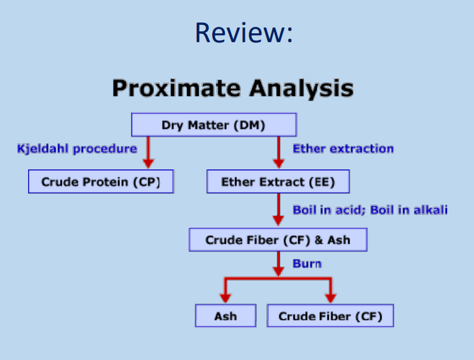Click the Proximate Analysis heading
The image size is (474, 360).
[x=233, y=88]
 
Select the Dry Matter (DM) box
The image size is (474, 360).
[x=213, y=125]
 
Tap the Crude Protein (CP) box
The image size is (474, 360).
[x=101, y=182]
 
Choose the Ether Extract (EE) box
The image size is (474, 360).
[x=278, y=182]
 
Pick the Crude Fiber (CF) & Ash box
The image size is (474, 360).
[x=278, y=240]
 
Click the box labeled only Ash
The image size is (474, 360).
[x=226, y=316]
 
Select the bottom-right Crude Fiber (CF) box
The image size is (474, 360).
[x=330, y=316]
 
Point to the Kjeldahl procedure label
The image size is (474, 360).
[x=77, y=149]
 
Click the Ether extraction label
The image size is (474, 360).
[x=343, y=149]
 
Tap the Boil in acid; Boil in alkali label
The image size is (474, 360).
[x=370, y=210]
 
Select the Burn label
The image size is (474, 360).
[x=307, y=263]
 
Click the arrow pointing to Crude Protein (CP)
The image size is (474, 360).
[x=148, y=153]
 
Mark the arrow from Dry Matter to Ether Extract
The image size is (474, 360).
[x=279, y=153]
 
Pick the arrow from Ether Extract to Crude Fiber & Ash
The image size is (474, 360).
[x=279, y=211]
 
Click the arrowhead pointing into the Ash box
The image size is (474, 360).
[x=225, y=297]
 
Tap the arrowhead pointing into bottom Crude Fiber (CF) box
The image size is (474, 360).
[x=330, y=297]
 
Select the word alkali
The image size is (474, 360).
[x=430, y=210]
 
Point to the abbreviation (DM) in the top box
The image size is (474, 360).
[x=251, y=125]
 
